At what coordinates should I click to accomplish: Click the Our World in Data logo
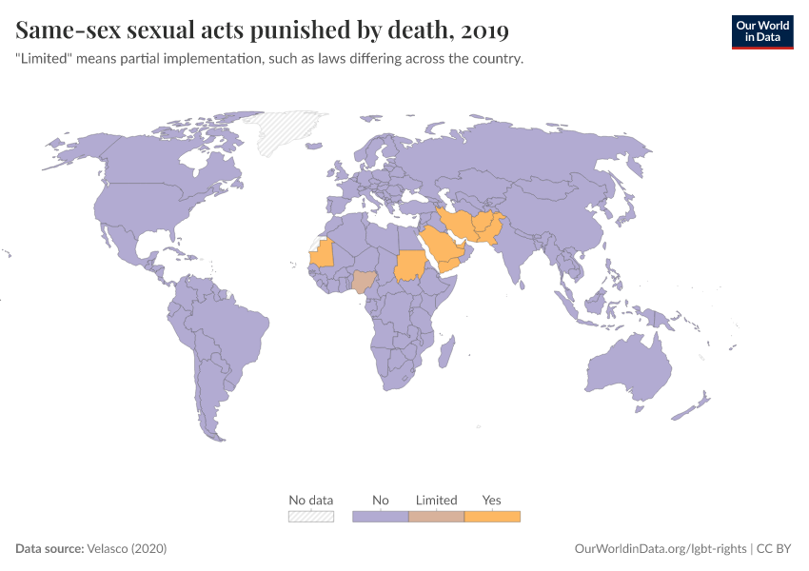point(761,31)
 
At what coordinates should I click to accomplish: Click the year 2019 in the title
point(483,31)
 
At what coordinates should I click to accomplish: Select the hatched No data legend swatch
point(311,516)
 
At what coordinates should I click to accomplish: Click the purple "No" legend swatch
point(381,516)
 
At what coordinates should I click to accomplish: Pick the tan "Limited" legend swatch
point(436,516)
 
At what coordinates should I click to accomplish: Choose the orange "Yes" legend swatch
point(492,516)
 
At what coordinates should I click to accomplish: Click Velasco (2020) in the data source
point(127,549)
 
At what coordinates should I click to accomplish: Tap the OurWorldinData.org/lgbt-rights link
point(661,549)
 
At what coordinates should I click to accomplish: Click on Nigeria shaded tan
point(365,281)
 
